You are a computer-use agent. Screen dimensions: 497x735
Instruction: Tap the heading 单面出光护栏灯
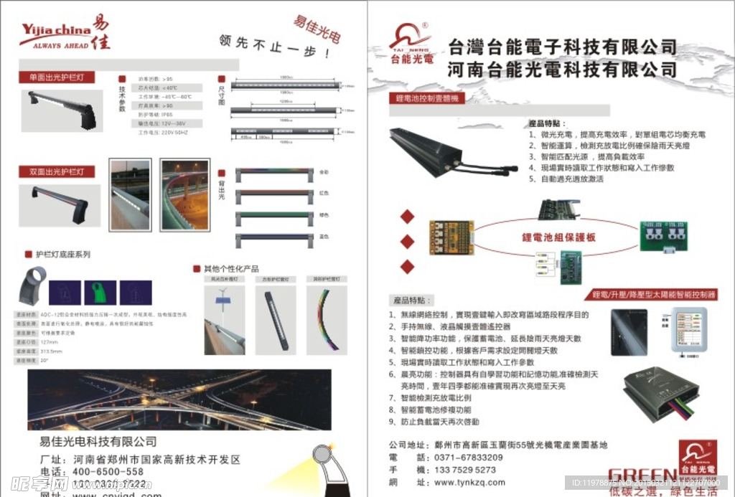tap(56, 77)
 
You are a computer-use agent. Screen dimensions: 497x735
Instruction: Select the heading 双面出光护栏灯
tap(56, 172)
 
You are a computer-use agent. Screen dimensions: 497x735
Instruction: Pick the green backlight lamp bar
tap(273, 215)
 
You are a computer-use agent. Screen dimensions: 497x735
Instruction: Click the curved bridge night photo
tap(184, 195)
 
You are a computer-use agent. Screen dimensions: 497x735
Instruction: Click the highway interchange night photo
tap(179, 399)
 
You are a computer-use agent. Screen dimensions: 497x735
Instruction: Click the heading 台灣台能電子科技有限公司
tap(562, 47)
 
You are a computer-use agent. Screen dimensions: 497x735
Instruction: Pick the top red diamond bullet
tap(408, 217)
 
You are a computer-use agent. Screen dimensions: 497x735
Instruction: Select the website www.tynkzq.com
tap(469, 482)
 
